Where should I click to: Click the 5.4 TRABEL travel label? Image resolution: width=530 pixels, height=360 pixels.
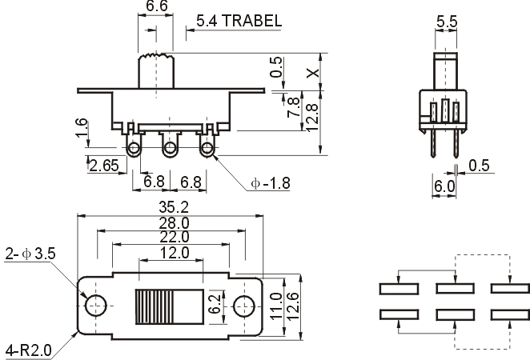[x=239, y=21]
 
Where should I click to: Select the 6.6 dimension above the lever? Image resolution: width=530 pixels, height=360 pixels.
[x=157, y=6]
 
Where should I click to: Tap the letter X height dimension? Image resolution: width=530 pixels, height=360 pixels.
[x=313, y=72]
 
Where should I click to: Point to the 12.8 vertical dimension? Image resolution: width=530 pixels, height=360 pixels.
[x=311, y=118]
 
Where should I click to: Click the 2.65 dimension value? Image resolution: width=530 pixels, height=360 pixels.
[x=105, y=165]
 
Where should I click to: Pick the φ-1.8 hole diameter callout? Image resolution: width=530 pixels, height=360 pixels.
[x=271, y=183]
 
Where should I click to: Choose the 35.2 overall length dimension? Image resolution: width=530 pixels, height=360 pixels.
[x=174, y=207]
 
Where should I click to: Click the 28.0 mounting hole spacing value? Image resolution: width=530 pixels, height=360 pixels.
[x=174, y=223]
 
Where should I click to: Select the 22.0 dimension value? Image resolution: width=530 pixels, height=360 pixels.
[x=174, y=237]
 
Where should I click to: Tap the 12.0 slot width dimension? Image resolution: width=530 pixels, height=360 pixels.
[x=175, y=253]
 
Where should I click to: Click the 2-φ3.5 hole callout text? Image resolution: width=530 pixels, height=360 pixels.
[x=30, y=254]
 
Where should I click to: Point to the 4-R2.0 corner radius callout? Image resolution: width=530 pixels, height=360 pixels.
[x=29, y=350]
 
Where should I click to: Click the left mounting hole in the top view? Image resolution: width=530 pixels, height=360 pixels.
[x=95, y=306]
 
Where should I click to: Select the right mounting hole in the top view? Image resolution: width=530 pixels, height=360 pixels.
[x=244, y=306]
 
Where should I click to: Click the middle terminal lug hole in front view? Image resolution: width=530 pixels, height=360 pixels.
[x=170, y=148]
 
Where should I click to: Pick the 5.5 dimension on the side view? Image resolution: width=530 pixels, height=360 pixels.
[x=447, y=22]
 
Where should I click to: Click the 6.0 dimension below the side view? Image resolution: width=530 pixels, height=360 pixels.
[x=444, y=186]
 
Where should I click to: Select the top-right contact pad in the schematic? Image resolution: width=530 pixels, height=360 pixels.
[x=510, y=289]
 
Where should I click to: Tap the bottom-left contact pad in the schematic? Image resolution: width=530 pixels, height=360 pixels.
[x=400, y=314]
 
